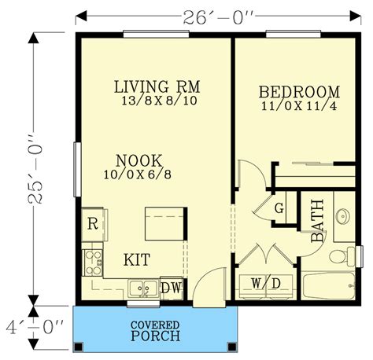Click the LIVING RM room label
(x=157, y=86)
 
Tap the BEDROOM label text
(x=299, y=92)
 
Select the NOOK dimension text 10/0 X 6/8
(x=138, y=174)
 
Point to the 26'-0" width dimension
(x=219, y=18)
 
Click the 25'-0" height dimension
(x=35, y=169)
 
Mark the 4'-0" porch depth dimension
(x=35, y=328)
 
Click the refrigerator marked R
(x=94, y=224)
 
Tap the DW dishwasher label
(x=171, y=288)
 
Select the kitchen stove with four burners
(x=92, y=263)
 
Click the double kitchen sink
(x=143, y=289)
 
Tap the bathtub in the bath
(x=328, y=286)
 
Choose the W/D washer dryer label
(x=266, y=283)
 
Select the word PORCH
(x=156, y=336)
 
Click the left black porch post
(x=78, y=347)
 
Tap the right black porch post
(x=232, y=347)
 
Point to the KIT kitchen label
(x=137, y=259)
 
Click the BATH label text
(x=317, y=221)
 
